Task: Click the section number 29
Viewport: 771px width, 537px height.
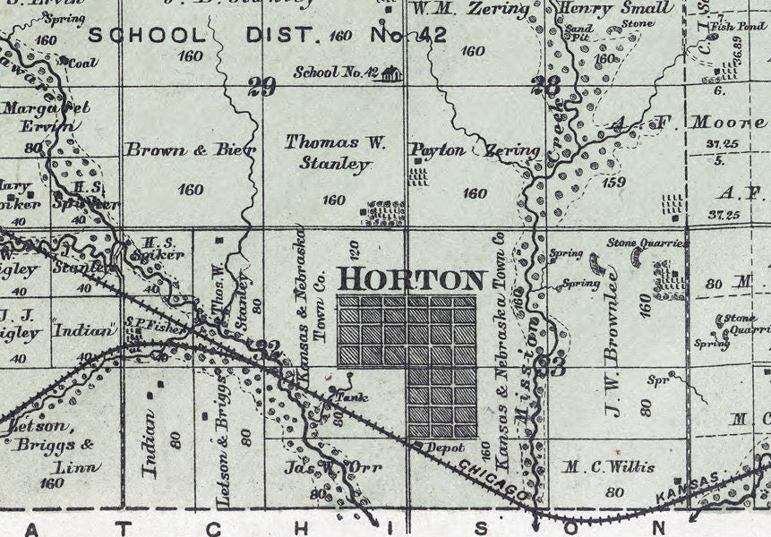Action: pos(261,86)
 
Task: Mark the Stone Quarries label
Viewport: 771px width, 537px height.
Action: pos(647,243)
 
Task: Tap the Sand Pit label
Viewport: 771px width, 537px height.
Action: pos(580,34)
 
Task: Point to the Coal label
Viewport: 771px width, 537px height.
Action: pos(82,63)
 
